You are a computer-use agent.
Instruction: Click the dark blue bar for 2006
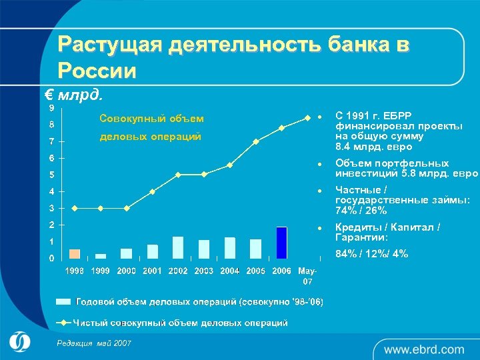pos(282,243)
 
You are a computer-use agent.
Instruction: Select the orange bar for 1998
pos(75,253)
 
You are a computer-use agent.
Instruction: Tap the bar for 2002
pos(178,247)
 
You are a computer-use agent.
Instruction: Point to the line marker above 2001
pos(152,191)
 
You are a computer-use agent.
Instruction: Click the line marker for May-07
pos(307,118)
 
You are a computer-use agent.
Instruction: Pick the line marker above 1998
pos(75,208)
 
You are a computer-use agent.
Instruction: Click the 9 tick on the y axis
pos(52,107)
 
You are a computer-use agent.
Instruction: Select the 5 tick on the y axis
pos(52,175)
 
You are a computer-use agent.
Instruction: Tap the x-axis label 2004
pos(230,271)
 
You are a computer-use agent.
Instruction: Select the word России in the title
pos(97,70)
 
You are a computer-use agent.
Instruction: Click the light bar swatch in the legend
pos(63,302)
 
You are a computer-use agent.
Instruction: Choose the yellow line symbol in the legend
pos(63,323)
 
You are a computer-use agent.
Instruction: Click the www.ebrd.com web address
pos(423,349)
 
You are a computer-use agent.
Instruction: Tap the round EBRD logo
pos(20,341)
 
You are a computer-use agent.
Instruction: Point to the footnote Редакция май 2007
pos(94,343)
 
